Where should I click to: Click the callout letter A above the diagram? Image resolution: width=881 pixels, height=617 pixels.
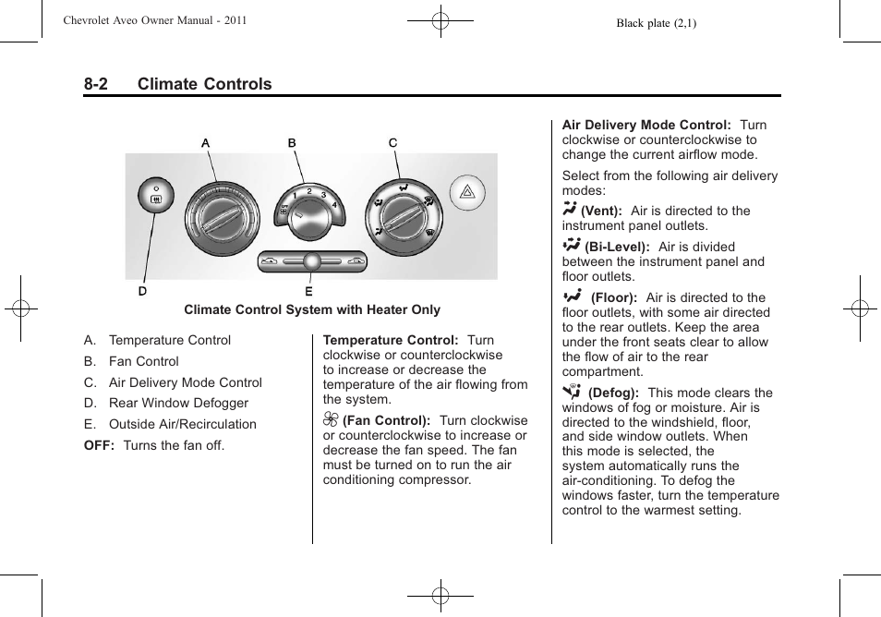pos(206,143)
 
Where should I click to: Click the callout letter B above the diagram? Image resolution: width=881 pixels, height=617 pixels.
pos(292,143)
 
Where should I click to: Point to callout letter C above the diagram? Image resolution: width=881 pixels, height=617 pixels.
pos(392,143)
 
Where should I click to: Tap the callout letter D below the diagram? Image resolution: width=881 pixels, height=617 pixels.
pos(143,291)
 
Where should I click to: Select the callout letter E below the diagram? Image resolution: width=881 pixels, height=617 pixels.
pos(308,291)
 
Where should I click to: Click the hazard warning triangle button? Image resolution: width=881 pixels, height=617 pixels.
pos(466,194)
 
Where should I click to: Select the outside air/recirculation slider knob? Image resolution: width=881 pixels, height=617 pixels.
pos(311,261)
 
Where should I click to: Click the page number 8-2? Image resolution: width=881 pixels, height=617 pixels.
pos(95,84)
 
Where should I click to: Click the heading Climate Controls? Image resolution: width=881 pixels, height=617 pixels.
pos(204,84)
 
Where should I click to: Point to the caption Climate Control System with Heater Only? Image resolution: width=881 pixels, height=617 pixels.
pos(312,310)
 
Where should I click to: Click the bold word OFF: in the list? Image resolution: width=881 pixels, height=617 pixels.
pos(101,445)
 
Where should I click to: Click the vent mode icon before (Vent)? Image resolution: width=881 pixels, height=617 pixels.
pos(569,210)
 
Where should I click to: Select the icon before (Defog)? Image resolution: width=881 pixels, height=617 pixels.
pos(572,392)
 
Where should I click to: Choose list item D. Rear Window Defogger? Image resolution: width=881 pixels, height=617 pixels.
pos(166,403)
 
